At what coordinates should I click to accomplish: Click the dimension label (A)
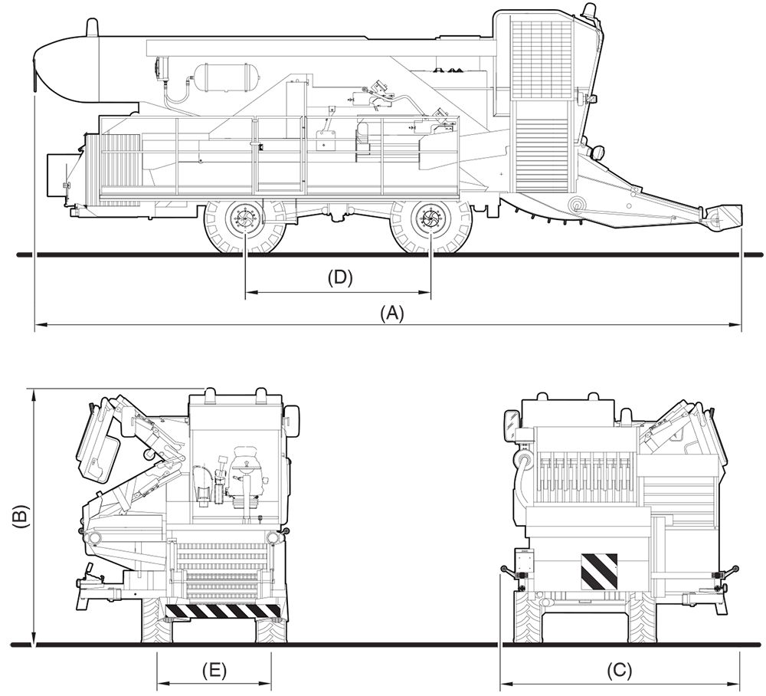[x=392, y=313]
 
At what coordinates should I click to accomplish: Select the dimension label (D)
[x=339, y=277]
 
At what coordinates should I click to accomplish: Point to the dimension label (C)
[x=620, y=669]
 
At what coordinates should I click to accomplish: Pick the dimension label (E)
[x=214, y=669]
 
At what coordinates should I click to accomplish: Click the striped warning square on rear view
[x=599, y=571]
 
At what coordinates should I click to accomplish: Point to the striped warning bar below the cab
[x=223, y=610]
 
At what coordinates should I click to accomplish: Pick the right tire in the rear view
[x=643, y=618]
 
